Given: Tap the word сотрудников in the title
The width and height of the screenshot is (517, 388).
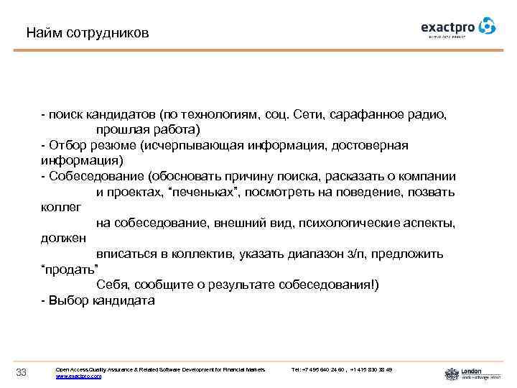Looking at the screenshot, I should pos(108,33).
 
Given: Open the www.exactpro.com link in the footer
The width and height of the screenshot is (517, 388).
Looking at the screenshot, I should pos(78,376).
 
